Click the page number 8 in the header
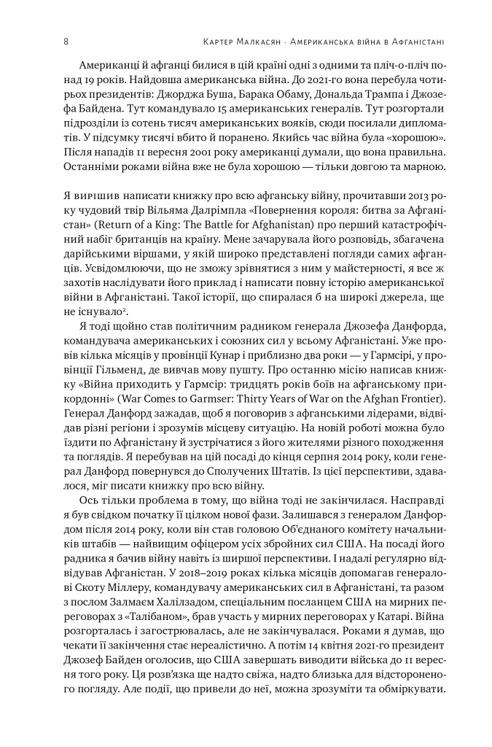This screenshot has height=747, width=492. click(66, 42)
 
